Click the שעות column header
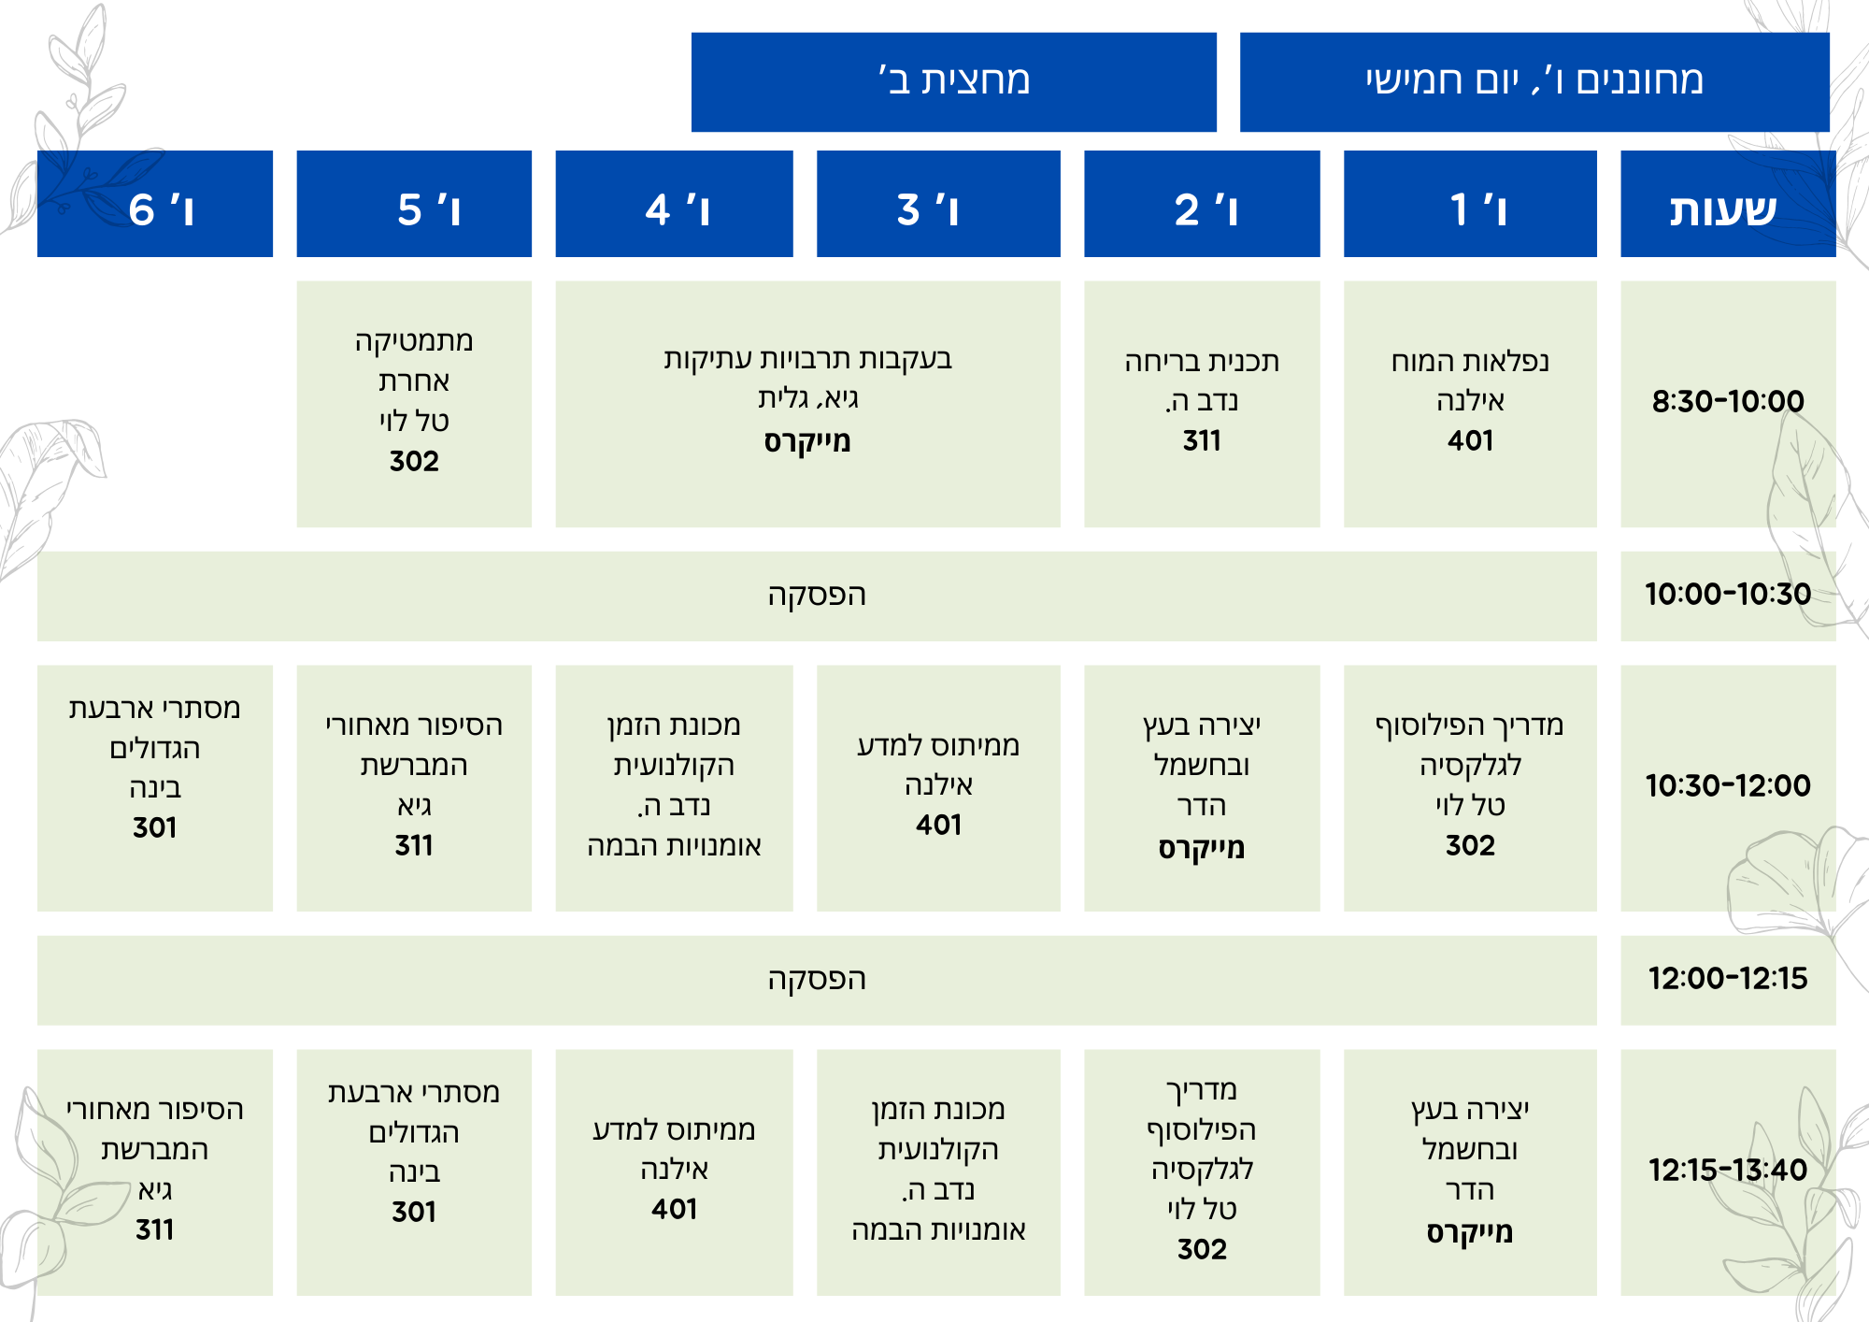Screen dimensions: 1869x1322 (x=1728, y=204)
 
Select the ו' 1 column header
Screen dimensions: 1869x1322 (x=1470, y=204)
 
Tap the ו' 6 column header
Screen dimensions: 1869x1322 (x=155, y=204)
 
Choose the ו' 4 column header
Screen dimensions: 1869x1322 (x=674, y=204)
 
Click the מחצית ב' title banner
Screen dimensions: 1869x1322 (x=954, y=82)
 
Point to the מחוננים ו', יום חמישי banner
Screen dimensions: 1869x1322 (x=1534, y=82)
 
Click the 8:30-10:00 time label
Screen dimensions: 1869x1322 (x=1728, y=401)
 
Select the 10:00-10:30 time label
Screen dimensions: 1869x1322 (x=1728, y=594)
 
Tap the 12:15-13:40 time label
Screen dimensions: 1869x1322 (x=1728, y=1170)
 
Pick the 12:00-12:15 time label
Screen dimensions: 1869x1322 (x=1728, y=978)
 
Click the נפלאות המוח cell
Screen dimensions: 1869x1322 (x=1470, y=404)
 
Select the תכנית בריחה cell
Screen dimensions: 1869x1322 (x=1202, y=404)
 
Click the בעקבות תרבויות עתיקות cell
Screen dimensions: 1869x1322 (x=808, y=404)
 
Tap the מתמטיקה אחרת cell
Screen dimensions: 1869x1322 (x=414, y=404)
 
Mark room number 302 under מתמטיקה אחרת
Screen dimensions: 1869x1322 (x=414, y=461)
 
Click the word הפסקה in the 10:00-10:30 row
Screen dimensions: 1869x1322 (x=817, y=595)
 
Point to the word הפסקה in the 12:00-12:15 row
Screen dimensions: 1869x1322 (x=817, y=979)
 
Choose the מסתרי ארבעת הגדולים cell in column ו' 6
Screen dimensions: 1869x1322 (x=155, y=788)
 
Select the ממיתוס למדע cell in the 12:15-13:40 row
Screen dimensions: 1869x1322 (x=674, y=1172)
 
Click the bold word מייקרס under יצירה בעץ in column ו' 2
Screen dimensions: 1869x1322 (x=1202, y=848)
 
